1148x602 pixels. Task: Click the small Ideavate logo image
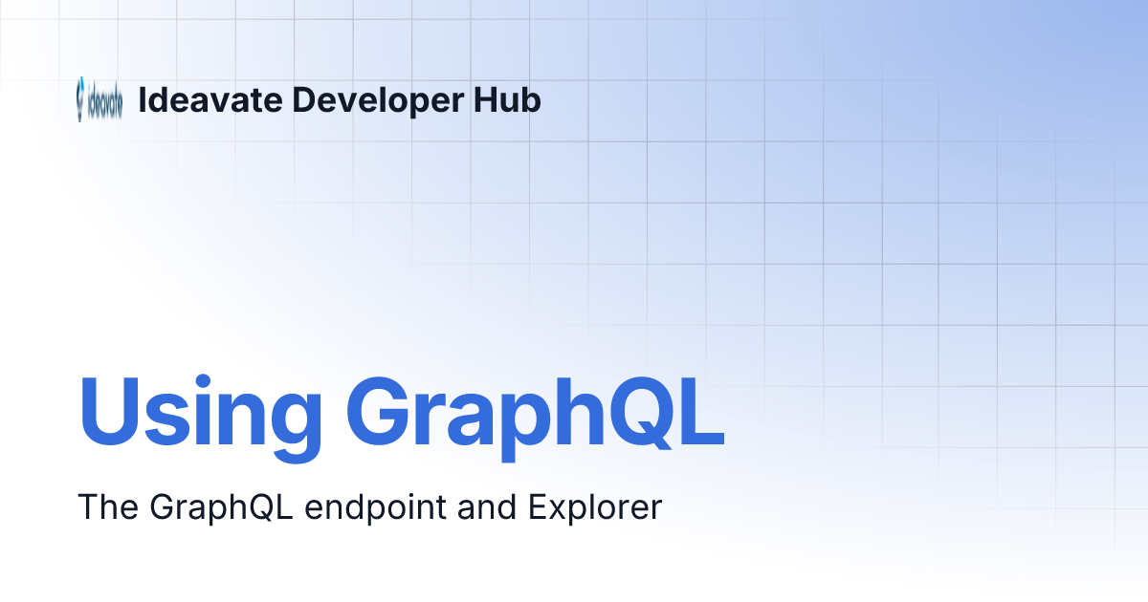pyautogui.click(x=99, y=100)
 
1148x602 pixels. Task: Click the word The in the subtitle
pyautogui.click(x=107, y=507)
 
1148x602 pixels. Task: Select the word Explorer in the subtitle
pyautogui.click(x=595, y=507)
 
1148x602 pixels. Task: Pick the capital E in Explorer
pyautogui.click(x=537, y=507)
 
